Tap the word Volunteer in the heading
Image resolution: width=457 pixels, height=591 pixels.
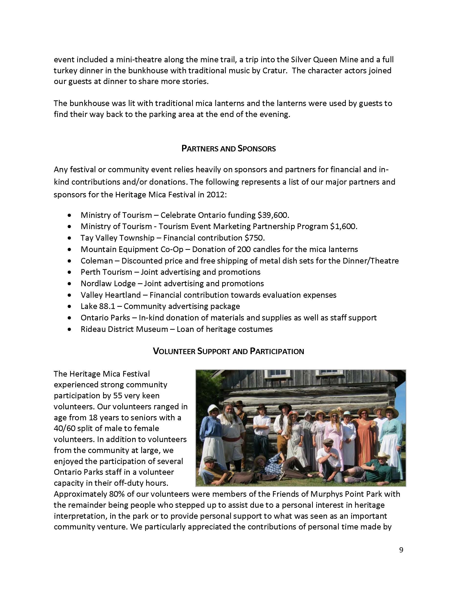coord(173,351)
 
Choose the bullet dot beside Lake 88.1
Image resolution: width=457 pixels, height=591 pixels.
coord(70,306)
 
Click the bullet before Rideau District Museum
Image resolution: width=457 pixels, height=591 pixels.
coord(70,330)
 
